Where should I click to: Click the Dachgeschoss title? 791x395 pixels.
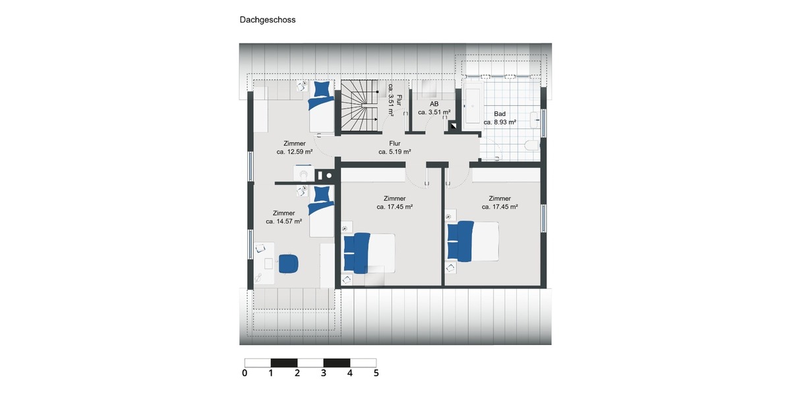[267, 20]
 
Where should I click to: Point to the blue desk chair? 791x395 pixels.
[288, 263]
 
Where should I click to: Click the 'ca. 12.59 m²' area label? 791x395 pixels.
[294, 151]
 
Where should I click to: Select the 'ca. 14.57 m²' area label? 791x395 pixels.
[283, 222]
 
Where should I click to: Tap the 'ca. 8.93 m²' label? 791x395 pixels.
[500, 122]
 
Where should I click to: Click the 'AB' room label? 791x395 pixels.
[434, 104]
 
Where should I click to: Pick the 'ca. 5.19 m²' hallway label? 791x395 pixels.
[394, 151]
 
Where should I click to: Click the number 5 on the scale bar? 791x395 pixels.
[376, 373]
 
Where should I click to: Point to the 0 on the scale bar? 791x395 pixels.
[245, 373]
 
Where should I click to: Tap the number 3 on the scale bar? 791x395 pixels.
[324, 373]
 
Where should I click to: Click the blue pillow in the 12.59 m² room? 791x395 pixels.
[322, 88]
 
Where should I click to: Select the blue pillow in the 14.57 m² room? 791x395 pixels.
[322, 194]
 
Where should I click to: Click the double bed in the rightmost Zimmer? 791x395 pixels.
[473, 241]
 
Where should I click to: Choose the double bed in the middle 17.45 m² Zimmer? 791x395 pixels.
[369, 252]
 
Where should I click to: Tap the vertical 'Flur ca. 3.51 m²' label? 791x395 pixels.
[394, 99]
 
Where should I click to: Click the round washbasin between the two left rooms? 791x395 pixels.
[303, 174]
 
